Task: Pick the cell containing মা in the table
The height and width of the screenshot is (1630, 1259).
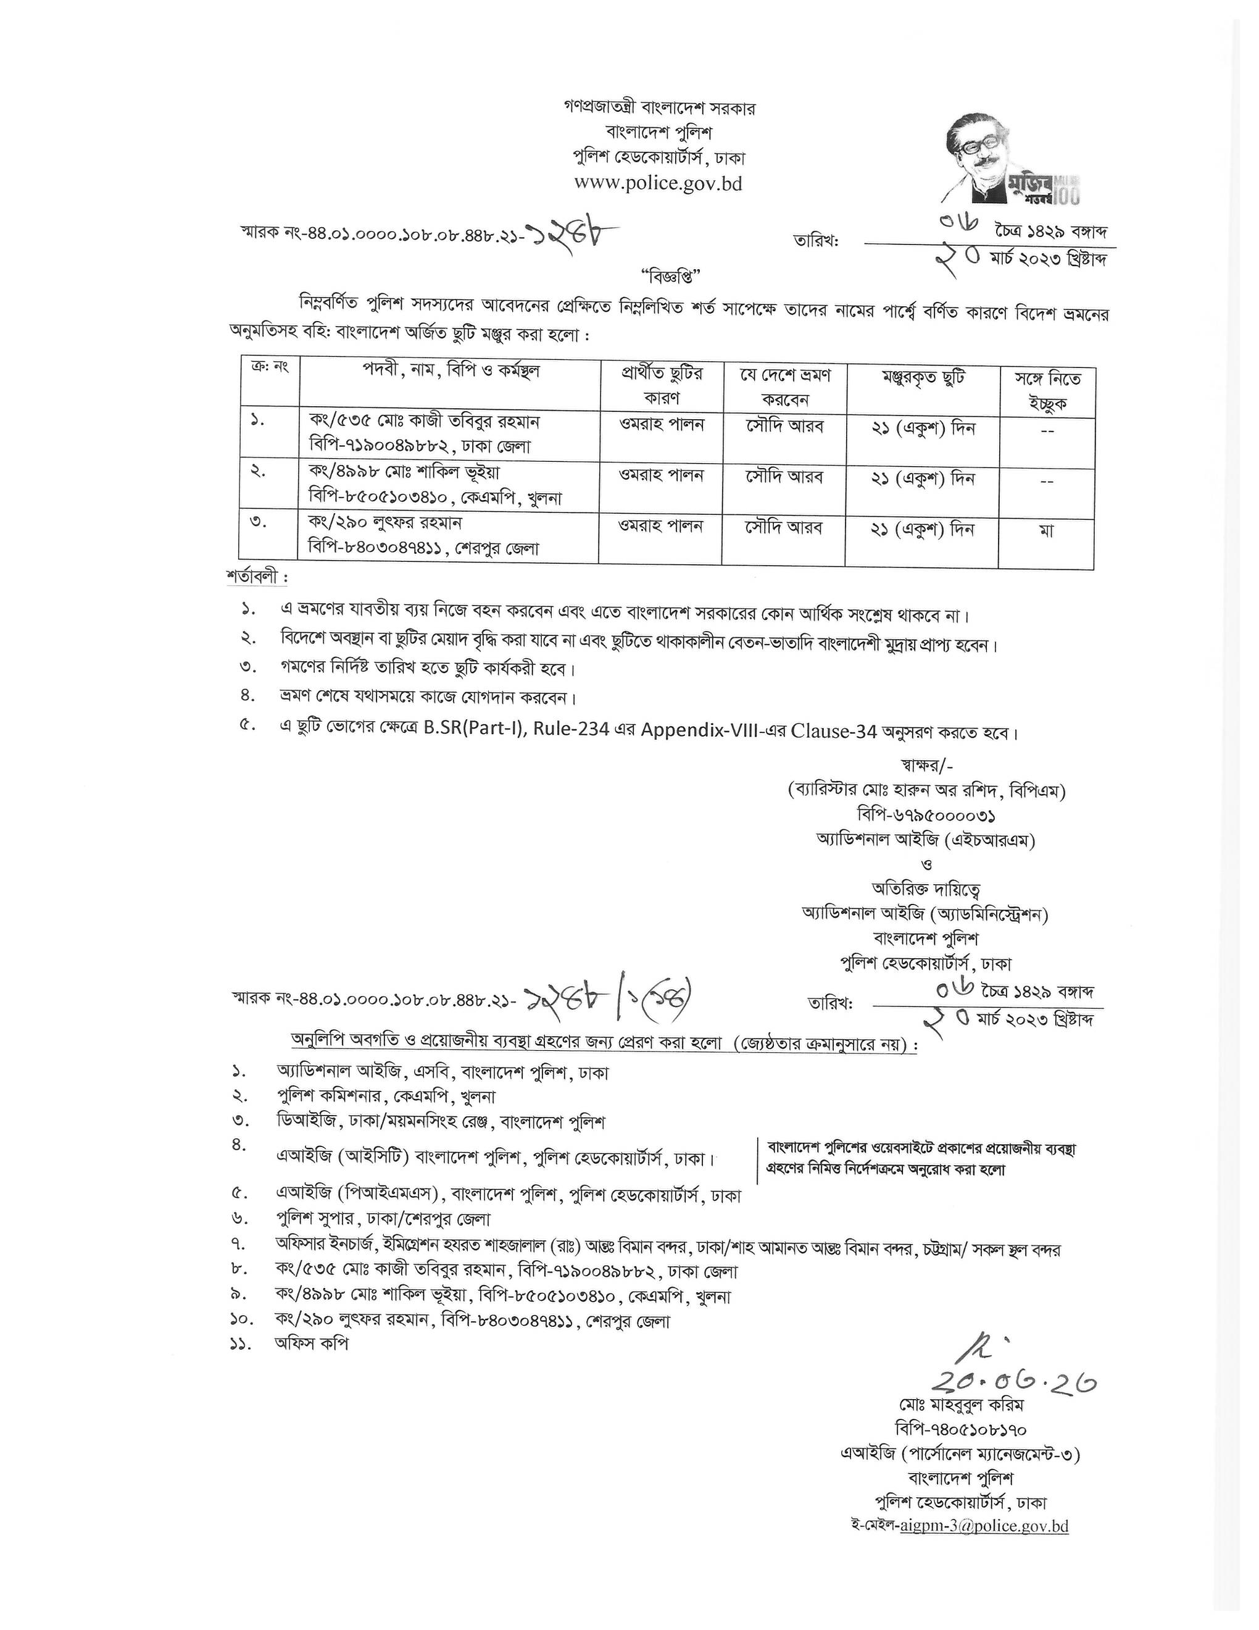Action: pos(1047,530)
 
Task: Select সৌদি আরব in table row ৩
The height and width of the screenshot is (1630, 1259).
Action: pos(786,527)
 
